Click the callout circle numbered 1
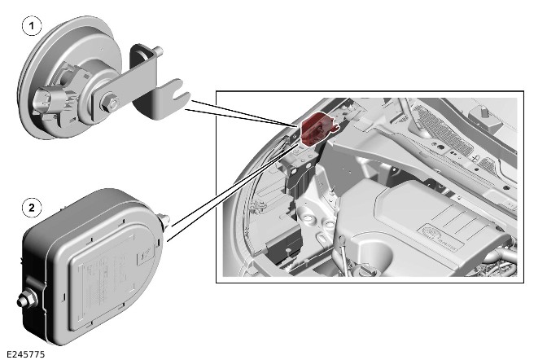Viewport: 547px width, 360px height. pyautogui.click(x=32, y=26)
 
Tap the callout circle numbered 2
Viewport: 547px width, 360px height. pyautogui.click(x=32, y=208)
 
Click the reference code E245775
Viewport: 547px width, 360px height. pyautogui.click(x=25, y=354)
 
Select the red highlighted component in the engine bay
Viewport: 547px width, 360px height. pyautogui.click(x=317, y=128)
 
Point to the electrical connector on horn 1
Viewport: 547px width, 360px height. pyautogui.click(x=45, y=100)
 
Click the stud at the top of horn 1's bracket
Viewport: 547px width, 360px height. pyautogui.click(x=158, y=51)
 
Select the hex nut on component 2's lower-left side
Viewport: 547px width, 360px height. pyautogui.click(x=27, y=299)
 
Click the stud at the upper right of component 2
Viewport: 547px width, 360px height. pyautogui.click(x=164, y=221)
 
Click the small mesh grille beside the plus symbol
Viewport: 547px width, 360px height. pyautogui.click(x=488, y=164)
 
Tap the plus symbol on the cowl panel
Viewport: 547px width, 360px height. pyautogui.click(x=474, y=158)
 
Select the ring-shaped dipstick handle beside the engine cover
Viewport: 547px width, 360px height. pyautogui.click(x=342, y=240)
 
